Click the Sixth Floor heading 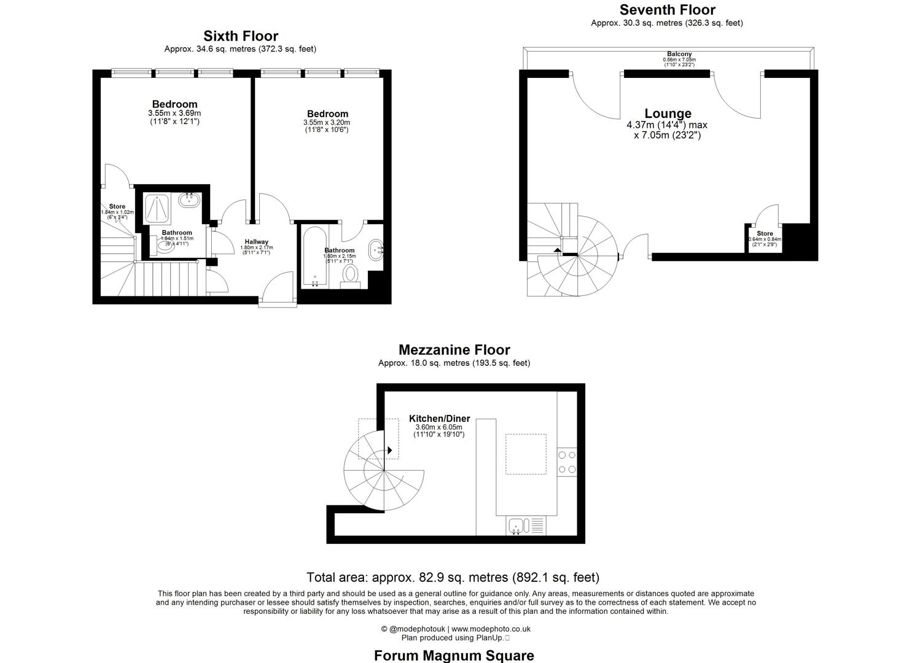[241, 36]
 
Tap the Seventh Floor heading [667, 10]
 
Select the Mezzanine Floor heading [454, 350]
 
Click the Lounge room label [668, 114]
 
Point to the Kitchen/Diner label [439, 419]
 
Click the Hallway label [256, 241]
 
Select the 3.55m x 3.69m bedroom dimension [174, 114]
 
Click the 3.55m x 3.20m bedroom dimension [327, 122]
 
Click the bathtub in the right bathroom [315, 257]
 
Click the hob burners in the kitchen [567, 462]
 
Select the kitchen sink [516, 526]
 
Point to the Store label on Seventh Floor [765, 233]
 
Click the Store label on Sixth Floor [117, 206]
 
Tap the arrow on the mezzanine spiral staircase [390, 450]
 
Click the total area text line [453, 578]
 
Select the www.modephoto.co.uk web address [491, 629]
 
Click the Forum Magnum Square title [454, 655]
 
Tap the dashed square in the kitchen [526, 454]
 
